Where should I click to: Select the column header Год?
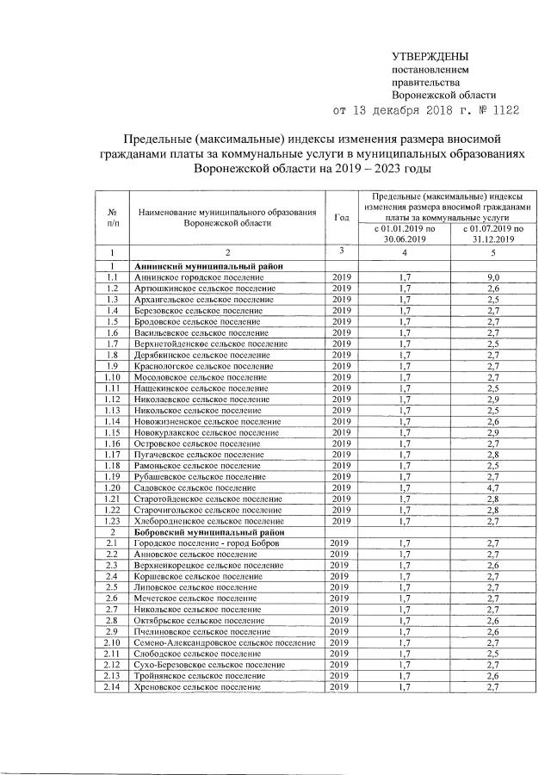coord(341,216)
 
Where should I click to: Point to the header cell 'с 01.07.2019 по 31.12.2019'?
coord(493,234)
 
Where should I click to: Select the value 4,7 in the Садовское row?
coord(493,487)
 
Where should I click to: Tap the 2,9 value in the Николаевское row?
coord(493,399)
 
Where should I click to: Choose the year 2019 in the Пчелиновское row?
coord(341,631)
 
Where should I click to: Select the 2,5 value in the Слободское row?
coord(493,654)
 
